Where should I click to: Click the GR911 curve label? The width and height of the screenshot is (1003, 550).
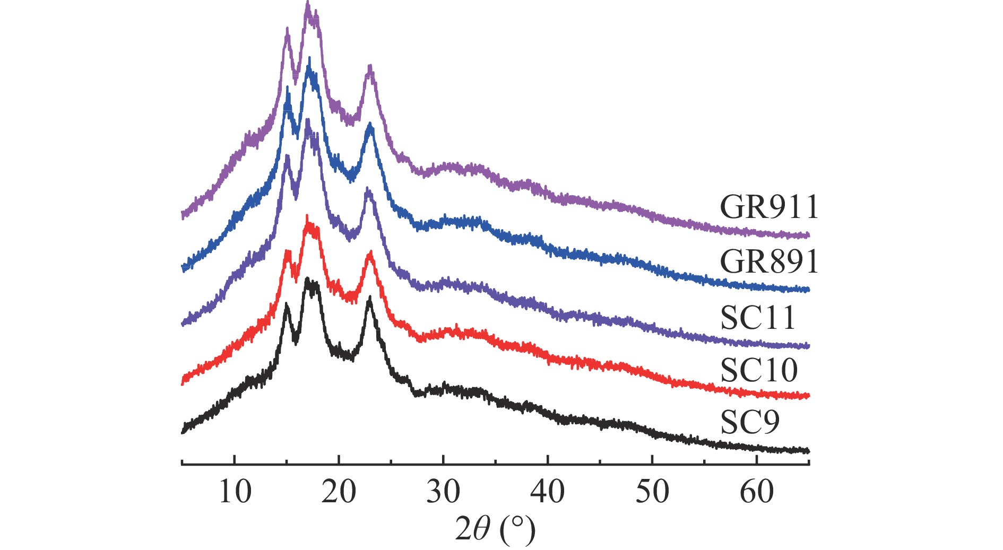[x=769, y=207]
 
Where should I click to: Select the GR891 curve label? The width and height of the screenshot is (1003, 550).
[x=769, y=261]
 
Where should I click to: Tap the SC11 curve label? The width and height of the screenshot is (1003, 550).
[x=758, y=318]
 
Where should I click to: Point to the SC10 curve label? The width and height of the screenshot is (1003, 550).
[x=759, y=370]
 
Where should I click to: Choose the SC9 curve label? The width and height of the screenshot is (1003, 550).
[x=750, y=422]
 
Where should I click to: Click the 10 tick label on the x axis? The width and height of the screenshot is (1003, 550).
[x=235, y=492]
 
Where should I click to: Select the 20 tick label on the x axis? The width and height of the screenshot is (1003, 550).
[x=339, y=492]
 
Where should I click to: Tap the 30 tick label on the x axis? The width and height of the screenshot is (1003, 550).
[x=443, y=492]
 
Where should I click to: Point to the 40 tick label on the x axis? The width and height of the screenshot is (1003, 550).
[x=547, y=492]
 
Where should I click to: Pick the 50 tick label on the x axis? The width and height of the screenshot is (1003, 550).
[x=652, y=492]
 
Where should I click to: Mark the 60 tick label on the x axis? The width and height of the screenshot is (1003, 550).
[x=756, y=492]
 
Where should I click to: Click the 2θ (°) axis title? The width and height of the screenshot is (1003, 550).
[x=495, y=529]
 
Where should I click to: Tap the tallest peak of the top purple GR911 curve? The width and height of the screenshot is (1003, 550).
[x=308, y=4]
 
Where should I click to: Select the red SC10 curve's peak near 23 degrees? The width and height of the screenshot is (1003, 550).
[x=370, y=254]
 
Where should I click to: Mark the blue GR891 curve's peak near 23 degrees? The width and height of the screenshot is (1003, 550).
[x=370, y=125]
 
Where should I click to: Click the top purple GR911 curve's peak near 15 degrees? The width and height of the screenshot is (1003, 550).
[x=287, y=30]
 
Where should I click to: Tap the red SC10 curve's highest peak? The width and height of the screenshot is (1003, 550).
[x=307, y=217]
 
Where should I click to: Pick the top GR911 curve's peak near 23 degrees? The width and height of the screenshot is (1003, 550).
[x=370, y=67]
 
